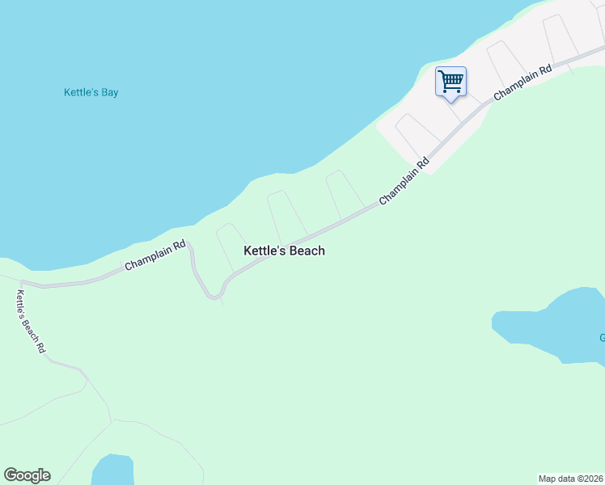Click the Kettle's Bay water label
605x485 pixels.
pyautogui.click(x=91, y=92)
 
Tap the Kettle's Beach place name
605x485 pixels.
pyautogui.click(x=284, y=251)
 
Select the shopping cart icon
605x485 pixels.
pyautogui.click(x=451, y=81)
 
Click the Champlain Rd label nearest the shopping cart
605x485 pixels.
pyautogui.click(x=522, y=82)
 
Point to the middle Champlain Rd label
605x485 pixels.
pyautogui.click(x=404, y=180)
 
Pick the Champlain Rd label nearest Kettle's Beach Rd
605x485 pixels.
pyautogui.click(x=155, y=255)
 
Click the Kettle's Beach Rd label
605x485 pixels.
pyautogui.click(x=31, y=321)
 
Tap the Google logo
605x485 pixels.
pyautogui.click(x=27, y=475)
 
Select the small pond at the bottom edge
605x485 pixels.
pyautogui.click(x=112, y=470)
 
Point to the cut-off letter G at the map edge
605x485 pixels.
pyautogui.click(x=602, y=338)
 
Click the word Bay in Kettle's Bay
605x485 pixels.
pyautogui.click(x=108, y=92)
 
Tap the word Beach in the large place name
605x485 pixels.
pyautogui.click(x=306, y=251)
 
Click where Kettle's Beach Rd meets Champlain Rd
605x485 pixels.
pyautogui.click(x=20, y=284)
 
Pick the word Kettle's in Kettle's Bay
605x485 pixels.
pyautogui.click(x=79, y=92)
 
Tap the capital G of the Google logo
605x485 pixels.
pyautogui.click(x=11, y=474)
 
